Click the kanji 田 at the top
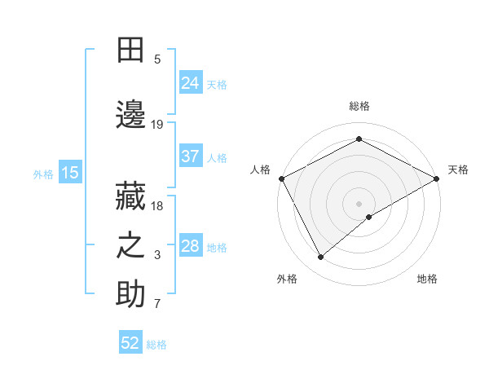(130, 51)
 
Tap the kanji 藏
(130, 197)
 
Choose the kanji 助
(130, 295)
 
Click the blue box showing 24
(190, 83)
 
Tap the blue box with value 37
(190, 156)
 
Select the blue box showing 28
(190, 246)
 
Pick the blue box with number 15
(69, 172)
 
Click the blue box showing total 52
(130, 343)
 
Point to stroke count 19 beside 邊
(157, 125)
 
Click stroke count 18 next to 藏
(157, 206)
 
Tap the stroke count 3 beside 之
(157, 256)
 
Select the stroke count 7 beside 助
(157, 305)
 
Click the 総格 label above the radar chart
(359, 106)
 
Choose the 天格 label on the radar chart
(458, 169)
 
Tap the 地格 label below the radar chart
(427, 279)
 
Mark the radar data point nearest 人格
(281, 178)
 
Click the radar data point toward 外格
(321, 258)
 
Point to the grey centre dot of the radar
(359, 203)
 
